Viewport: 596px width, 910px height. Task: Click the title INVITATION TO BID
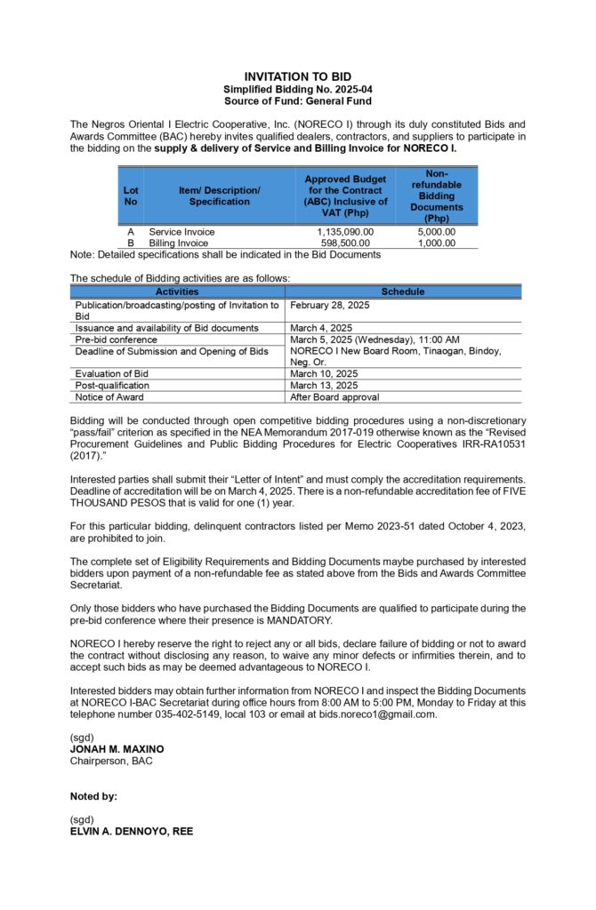(297, 77)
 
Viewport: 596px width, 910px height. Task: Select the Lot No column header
(131, 196)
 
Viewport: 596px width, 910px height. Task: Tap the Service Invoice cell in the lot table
(181, 232)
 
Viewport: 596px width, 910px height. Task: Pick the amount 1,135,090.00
(345, 232)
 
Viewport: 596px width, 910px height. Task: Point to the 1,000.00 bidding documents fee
(436, 243)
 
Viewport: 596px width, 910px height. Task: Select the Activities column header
(177, 291)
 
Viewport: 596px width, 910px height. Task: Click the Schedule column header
(402, 291)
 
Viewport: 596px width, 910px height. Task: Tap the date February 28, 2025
(330, 305)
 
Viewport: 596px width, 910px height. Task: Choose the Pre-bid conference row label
(117, 339)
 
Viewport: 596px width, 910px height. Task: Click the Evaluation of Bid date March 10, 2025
(324, 374)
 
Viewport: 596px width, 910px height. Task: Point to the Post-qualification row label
(112, 386)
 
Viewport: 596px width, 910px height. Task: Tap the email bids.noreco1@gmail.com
(368, 714)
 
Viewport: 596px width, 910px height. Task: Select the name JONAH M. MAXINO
(117, 749)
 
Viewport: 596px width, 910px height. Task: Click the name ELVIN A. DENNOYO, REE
(132, 831)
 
